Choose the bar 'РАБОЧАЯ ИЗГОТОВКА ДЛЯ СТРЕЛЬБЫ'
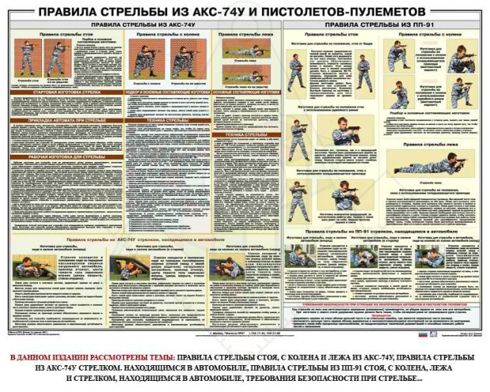tap(58, 156)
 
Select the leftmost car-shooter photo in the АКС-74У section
tap(36, 268)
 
